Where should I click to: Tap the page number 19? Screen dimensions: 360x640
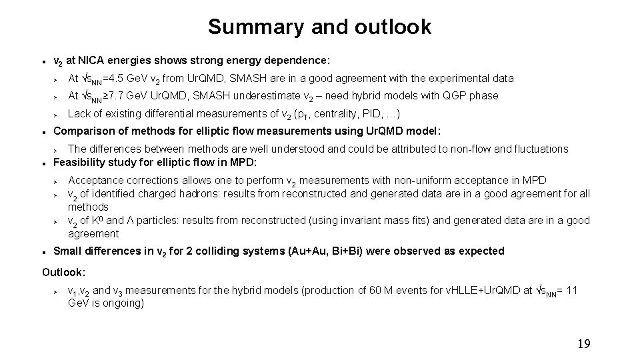pyautogui.click(x=583, y=344)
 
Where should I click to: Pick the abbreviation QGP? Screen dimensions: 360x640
pyautogui.click(x=455, y=96)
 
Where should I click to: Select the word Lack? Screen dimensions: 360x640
pyautogui.click(x=79, y=113)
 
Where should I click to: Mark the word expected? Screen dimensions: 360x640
pyautogui.click(x=483, y=251)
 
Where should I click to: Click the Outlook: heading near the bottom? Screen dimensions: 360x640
pyautogui.click(x=63, y=271)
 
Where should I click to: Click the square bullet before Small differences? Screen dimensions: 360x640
pyautogui.click(x=44, y=252)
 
